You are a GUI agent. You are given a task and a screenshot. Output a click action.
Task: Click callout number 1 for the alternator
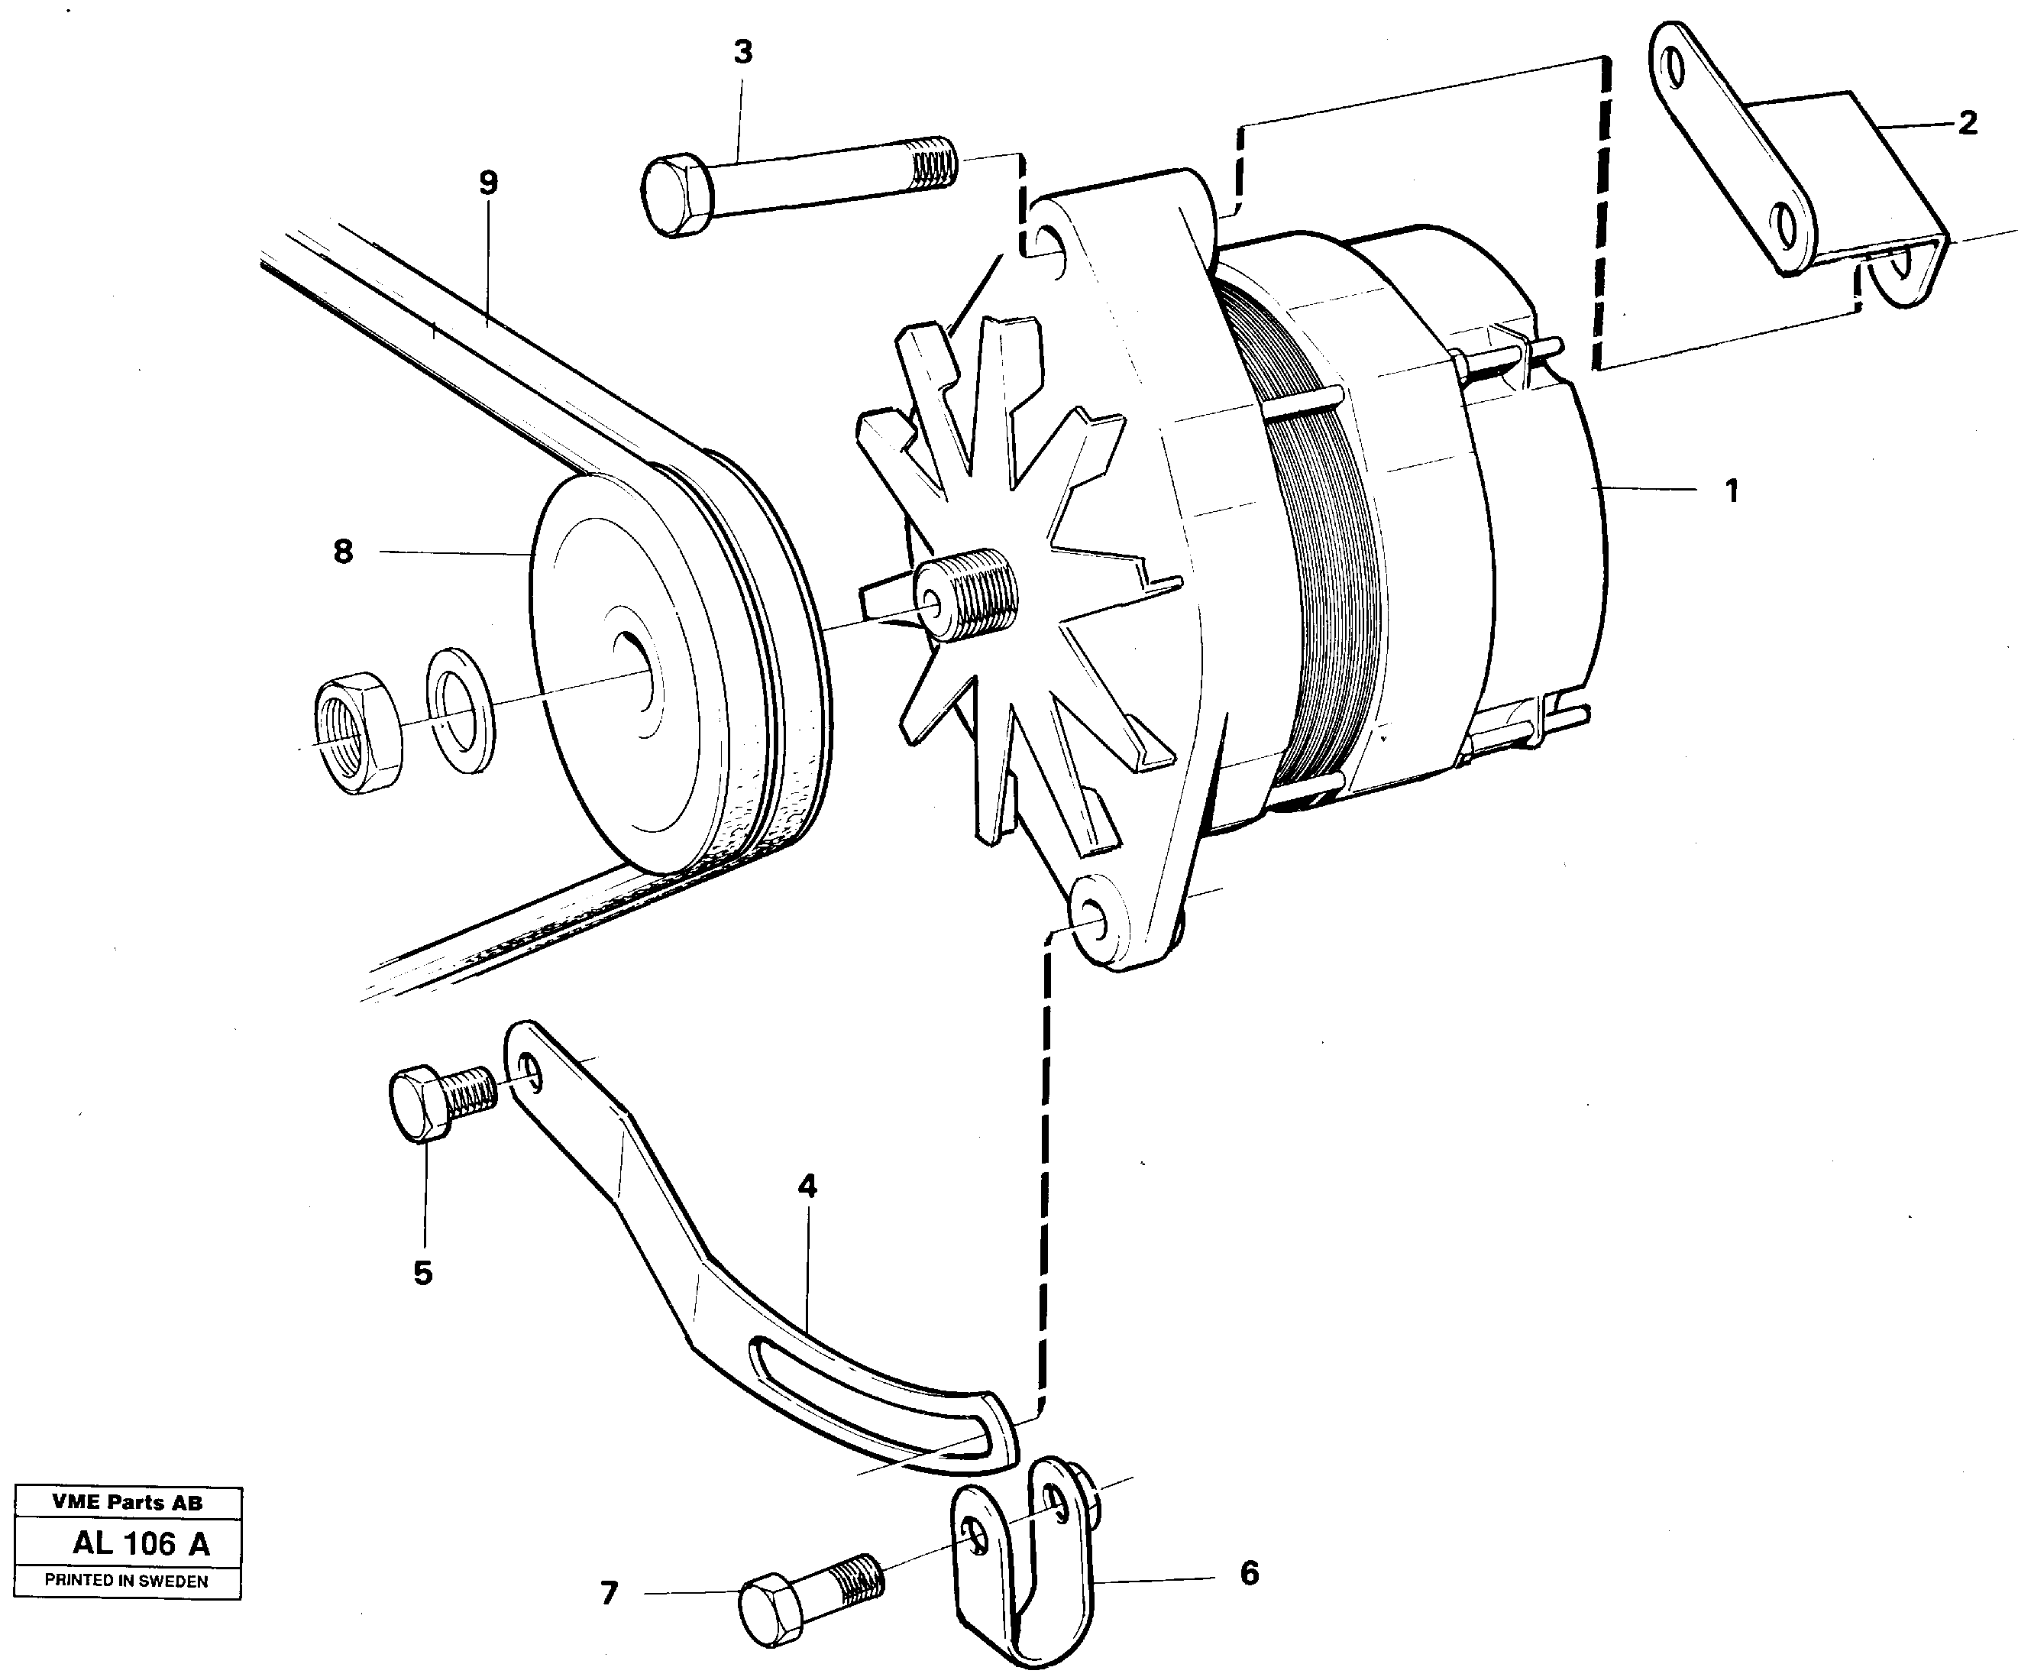point(1731,491)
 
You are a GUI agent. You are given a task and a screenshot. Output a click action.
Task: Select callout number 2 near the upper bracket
point(1967,123)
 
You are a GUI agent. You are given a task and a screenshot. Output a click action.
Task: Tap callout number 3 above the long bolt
point(743,53)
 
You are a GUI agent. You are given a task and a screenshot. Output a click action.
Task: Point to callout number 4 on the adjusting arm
point(807,1187)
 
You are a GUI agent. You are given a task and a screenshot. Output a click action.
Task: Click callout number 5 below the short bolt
point(423,1274)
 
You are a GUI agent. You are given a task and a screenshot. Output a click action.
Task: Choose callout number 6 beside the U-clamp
point(1248,1573)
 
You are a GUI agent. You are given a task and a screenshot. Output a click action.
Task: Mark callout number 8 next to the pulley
point(343,552)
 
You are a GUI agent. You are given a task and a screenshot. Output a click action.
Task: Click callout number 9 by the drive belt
point(488,183)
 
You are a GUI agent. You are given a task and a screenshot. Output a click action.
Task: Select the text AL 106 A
point(141,1543)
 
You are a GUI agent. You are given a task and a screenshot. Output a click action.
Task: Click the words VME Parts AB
point(127,1502)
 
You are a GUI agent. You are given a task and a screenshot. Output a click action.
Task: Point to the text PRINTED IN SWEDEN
point(127,1580)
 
